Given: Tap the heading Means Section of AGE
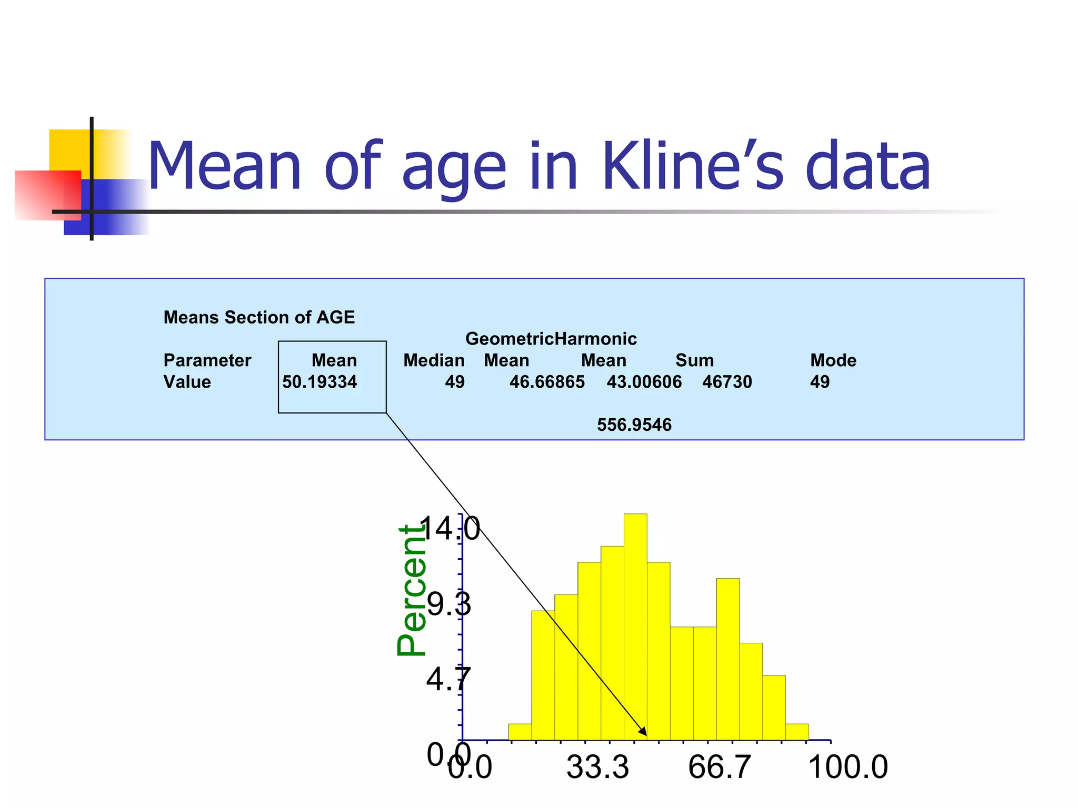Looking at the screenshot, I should pyautogui.click(x=259, y=317).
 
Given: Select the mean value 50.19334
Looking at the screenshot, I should pyautogui.click(x=320, y=382).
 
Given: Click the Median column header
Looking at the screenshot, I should pyautogui.click(x=434, y=360).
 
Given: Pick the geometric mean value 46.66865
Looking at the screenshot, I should pyautogui.click(x=547, y=382).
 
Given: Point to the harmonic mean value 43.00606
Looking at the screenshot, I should pyautogui.click(x=644, y=382).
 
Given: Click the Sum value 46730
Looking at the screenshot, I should pyautogui.click(x=727, y=382).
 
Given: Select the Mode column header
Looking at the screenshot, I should pyautogui.click(x=833, y=360).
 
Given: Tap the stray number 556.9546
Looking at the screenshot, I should pyautogui.click(x=634, y=425).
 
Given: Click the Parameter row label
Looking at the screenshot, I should pyautogui.click(x=207, y=360).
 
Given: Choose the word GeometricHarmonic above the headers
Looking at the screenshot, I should pyautogui.click(x=551, y=339).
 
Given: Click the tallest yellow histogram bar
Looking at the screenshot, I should pyautogui.click(x=635, y=626).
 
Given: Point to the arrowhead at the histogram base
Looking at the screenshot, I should pyautogui.click(x=643, y=732).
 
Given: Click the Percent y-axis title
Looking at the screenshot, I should pyautogui.click(x=412, y=590).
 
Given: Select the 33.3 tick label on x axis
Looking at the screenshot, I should pyautogui.click(x=597, y=767).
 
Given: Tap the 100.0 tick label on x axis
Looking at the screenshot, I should pyautogui.click(x=847, y=767).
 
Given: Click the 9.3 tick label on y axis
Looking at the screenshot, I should pyautogui.click(x=448, y=604).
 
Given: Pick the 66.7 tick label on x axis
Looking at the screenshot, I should pyautogui.click(x=719, y=767).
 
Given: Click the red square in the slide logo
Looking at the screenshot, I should pyautogui.click(x=47, y=195).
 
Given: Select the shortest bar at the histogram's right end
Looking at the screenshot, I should pyautogui.click(x=797, y=732).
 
